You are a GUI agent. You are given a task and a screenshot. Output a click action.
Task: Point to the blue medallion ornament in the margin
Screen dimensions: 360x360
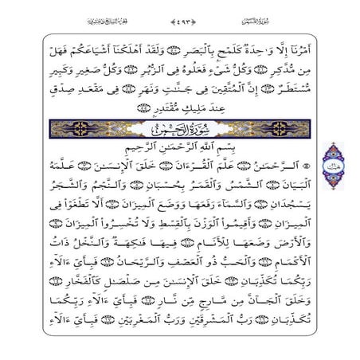[x=333, y=167]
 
